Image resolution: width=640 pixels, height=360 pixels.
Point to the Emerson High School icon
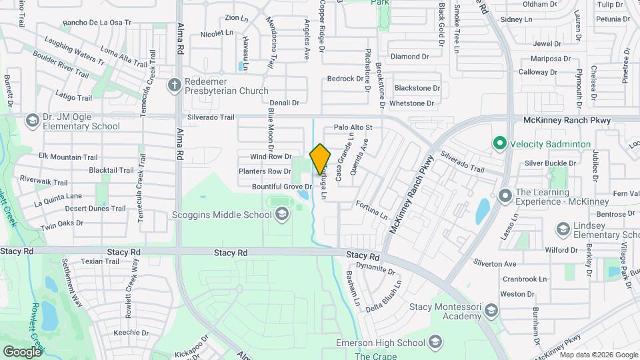coord(435,343)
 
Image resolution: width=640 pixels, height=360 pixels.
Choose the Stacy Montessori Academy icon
coord(491,311)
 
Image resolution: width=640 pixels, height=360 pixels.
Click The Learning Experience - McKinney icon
coord(505,196)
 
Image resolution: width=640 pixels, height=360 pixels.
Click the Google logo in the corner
coord(22,352)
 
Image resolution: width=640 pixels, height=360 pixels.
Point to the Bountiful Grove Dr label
coord(282,186)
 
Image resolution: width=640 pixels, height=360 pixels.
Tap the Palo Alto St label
coord(353,127)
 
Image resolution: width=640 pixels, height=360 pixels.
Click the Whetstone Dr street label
coord(411,103)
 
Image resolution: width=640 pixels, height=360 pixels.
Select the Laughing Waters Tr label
coord(75,53)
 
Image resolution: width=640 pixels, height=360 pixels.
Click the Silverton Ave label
coord(495,264)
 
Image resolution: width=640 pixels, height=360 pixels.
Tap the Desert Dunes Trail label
coord(95,209)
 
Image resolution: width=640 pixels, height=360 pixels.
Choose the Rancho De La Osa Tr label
coord(97,23)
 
